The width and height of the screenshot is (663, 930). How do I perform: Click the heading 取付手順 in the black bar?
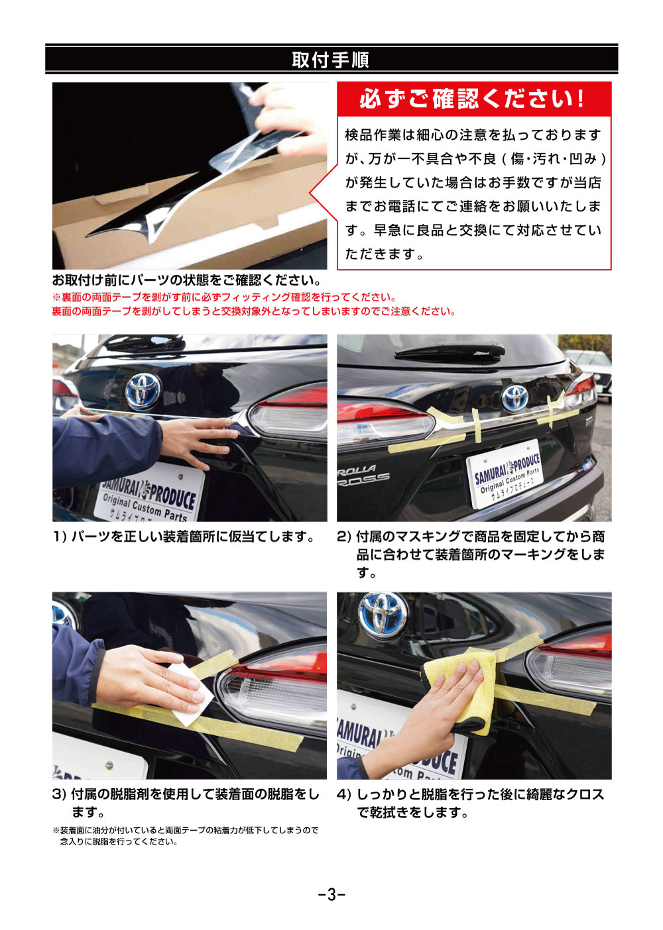pos(330,60)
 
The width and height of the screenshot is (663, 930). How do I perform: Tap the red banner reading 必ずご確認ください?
pos(473,99)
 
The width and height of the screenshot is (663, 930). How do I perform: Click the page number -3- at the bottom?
pos(331,894)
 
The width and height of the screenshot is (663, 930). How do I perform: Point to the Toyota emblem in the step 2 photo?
pos(514,397)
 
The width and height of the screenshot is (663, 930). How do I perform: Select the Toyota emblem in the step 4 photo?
pos(384,616)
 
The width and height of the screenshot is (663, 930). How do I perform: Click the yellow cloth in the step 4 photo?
pos(464,689)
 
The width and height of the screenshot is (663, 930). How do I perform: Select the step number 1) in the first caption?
pos(60,537)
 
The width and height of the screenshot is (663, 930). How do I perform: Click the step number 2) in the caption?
pos(344,537)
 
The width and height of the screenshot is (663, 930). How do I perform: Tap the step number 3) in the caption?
pos(60,794)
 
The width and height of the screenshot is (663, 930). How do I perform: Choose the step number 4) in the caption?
pos(344,794)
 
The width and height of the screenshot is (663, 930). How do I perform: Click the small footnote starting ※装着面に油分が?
pos(186,835)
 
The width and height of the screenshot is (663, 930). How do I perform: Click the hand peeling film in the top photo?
pos(292,116)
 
